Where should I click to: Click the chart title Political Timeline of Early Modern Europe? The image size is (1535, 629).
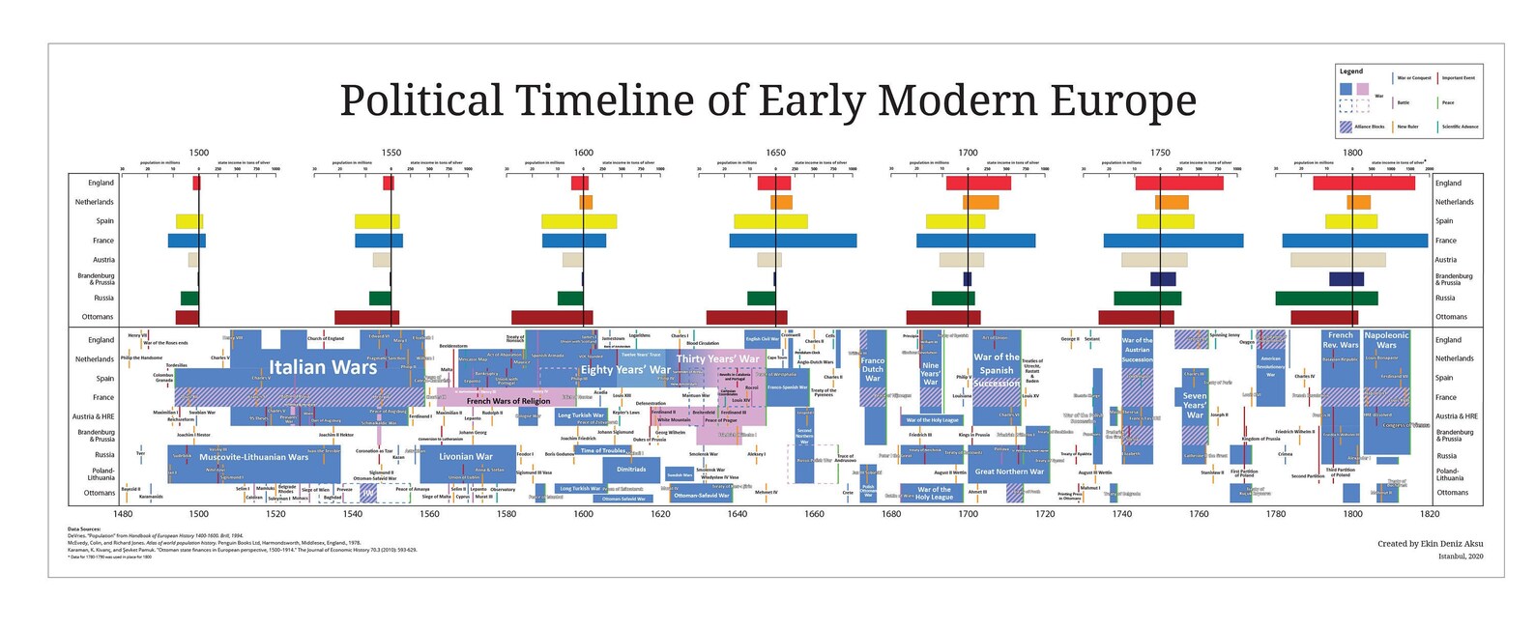point(767,100)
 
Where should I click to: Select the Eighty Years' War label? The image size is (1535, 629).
point(625,370)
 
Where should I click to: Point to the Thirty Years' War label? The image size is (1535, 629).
point(717,359)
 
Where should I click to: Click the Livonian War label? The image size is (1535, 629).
point(466,457)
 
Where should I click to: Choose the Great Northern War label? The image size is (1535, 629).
point(1009,472)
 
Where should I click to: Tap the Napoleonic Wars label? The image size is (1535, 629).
point(1386,340)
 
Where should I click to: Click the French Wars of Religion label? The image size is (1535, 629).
point(508,401)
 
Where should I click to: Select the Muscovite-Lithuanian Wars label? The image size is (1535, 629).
point(253,457)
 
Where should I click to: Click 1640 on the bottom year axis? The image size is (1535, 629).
point(738,514)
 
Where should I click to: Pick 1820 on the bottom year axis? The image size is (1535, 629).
point(1430,514)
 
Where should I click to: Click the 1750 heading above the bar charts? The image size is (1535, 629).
point(1160,153)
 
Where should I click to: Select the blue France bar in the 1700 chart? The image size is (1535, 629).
point(976,241)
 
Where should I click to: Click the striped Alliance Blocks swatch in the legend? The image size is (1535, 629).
point(1346,127)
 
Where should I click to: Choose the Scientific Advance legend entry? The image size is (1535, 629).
point(1460,127)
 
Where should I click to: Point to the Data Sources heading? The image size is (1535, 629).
point(84,529)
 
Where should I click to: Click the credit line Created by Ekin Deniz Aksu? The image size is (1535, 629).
point(1430,544)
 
